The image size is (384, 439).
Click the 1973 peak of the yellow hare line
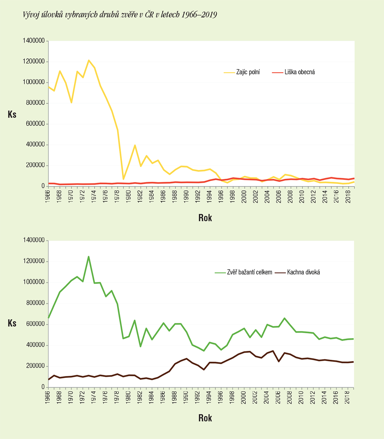click(89, 60)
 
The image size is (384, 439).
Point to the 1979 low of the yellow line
click(123, 179)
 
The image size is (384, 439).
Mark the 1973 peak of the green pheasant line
click(89, 257)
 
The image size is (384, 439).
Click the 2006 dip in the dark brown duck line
click(279, 361)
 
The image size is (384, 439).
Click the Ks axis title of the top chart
click(12, 114)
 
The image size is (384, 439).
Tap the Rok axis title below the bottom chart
click(205, 418)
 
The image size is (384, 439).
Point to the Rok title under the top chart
click(205, 218)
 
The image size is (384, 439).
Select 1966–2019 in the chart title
click(199, 15)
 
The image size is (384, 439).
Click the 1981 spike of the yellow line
click(135, 145)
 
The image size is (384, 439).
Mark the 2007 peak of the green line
click(284, 318)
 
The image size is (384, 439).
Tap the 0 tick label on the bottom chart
click(43, 387)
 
